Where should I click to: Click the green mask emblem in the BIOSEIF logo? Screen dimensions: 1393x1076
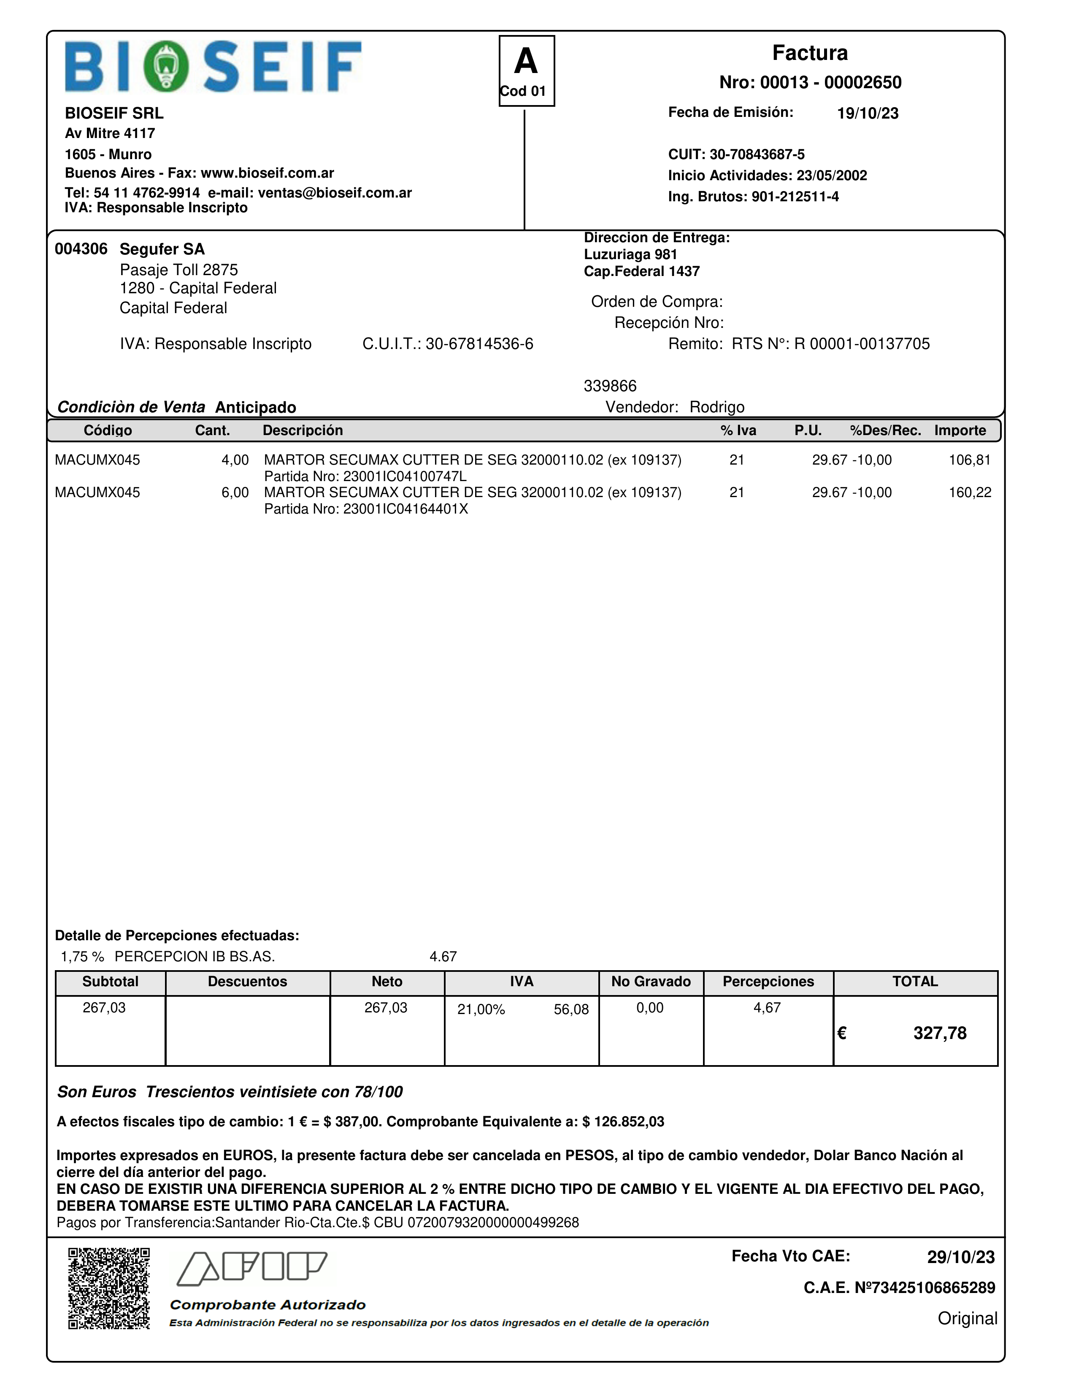(x=166, y=66)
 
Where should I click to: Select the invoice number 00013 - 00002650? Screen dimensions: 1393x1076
(x=810, y=82)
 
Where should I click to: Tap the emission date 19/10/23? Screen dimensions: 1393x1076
(x=868, y=114)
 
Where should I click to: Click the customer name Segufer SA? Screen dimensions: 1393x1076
(x=162, y=249)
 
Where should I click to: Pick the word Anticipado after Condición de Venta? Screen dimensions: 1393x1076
(x=256, y=408)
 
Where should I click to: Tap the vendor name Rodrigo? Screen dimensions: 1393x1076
(x=717, y=407)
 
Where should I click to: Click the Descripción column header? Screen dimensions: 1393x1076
(x=303, y=430)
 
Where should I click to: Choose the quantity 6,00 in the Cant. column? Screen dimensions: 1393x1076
(x=235, y=492)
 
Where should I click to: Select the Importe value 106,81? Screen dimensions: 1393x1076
(x=970, y=460)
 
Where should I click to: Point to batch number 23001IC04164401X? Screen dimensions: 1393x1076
(x=406, y=509)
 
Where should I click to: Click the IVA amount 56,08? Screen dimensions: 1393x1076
(x=571, y=1010)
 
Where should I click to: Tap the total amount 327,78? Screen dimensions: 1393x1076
(x=940, y=1033)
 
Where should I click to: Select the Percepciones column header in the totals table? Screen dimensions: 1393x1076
(x=768, y=982)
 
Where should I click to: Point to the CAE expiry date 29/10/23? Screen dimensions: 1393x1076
(x=960, y=1257)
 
